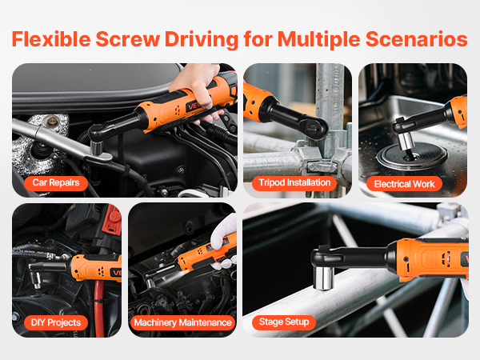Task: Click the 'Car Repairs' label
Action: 56,183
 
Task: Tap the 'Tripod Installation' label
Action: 294,183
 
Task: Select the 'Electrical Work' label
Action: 404,184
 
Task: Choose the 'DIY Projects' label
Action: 56,322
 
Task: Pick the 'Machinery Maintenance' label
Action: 182,322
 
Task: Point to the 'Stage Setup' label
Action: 284,322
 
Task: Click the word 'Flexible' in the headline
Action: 51,39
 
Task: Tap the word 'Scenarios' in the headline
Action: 416,39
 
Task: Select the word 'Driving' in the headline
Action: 202,40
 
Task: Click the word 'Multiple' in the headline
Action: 318,40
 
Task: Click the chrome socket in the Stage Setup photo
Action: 324,278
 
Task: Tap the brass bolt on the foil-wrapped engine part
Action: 53,122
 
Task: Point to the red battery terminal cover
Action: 112,220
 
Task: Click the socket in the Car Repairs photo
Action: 96,148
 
